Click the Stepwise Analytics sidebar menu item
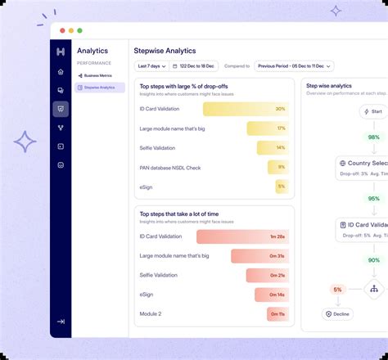pos(99,87)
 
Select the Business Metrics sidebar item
pos(97,75)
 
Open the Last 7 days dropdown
pos(150,65)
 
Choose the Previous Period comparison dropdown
pos(294,65)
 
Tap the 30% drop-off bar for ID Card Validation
pos(246,109)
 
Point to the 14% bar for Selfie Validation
pos(273,148)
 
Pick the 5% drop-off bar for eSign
pos(281,187)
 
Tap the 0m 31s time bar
pos(259,256)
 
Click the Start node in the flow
pos(373,111)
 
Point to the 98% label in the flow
pos(373,137)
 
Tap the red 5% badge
pos(337,289)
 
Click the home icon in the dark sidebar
pos(61,72)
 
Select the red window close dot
pos(61,30)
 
